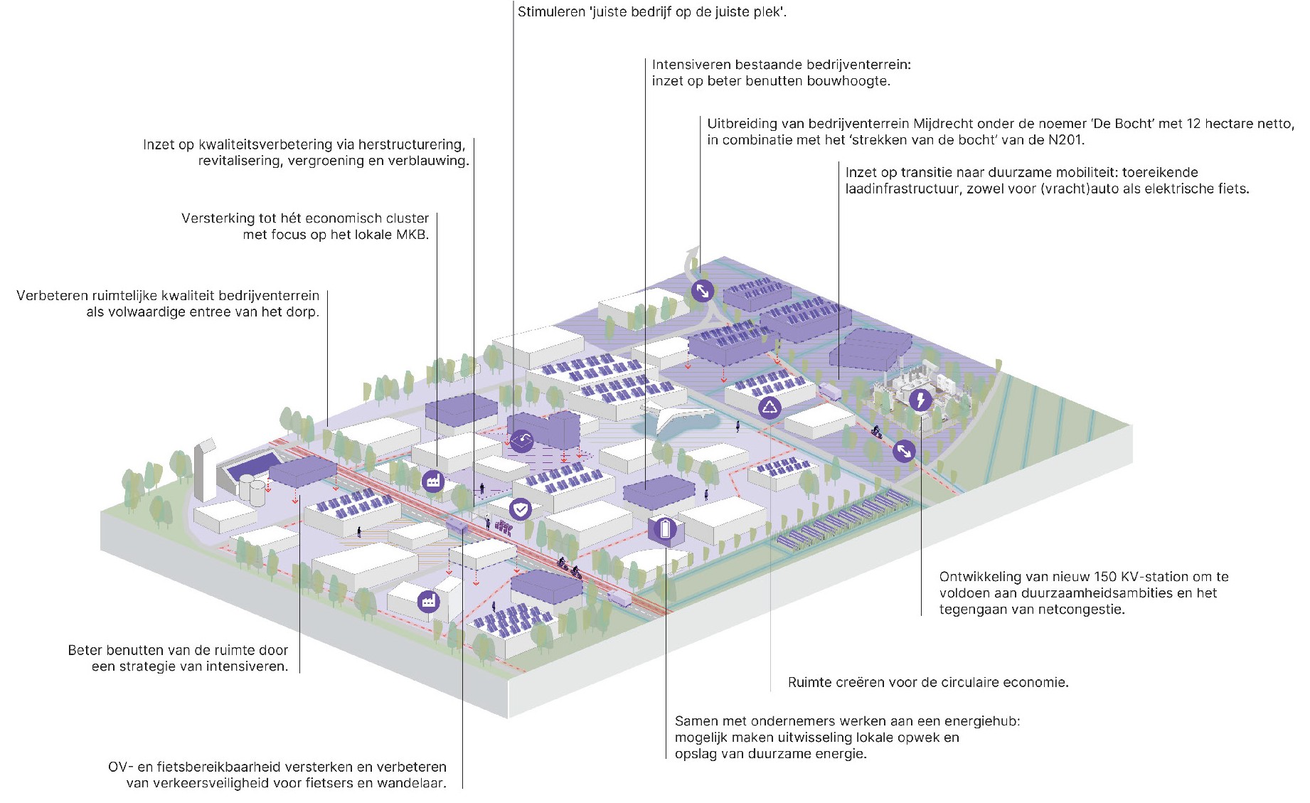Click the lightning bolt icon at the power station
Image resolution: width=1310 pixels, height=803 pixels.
point(921,400)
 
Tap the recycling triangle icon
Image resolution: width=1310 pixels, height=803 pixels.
point(770,408)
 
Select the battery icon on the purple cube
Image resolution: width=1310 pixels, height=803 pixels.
point(666,529)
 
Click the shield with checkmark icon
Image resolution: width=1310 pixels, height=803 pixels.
point(521,509)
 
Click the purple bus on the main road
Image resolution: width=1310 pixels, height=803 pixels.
point(457,526)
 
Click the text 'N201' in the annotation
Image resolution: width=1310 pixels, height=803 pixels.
point(1066,140)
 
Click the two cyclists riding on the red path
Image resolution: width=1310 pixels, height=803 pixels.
point(569,568)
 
